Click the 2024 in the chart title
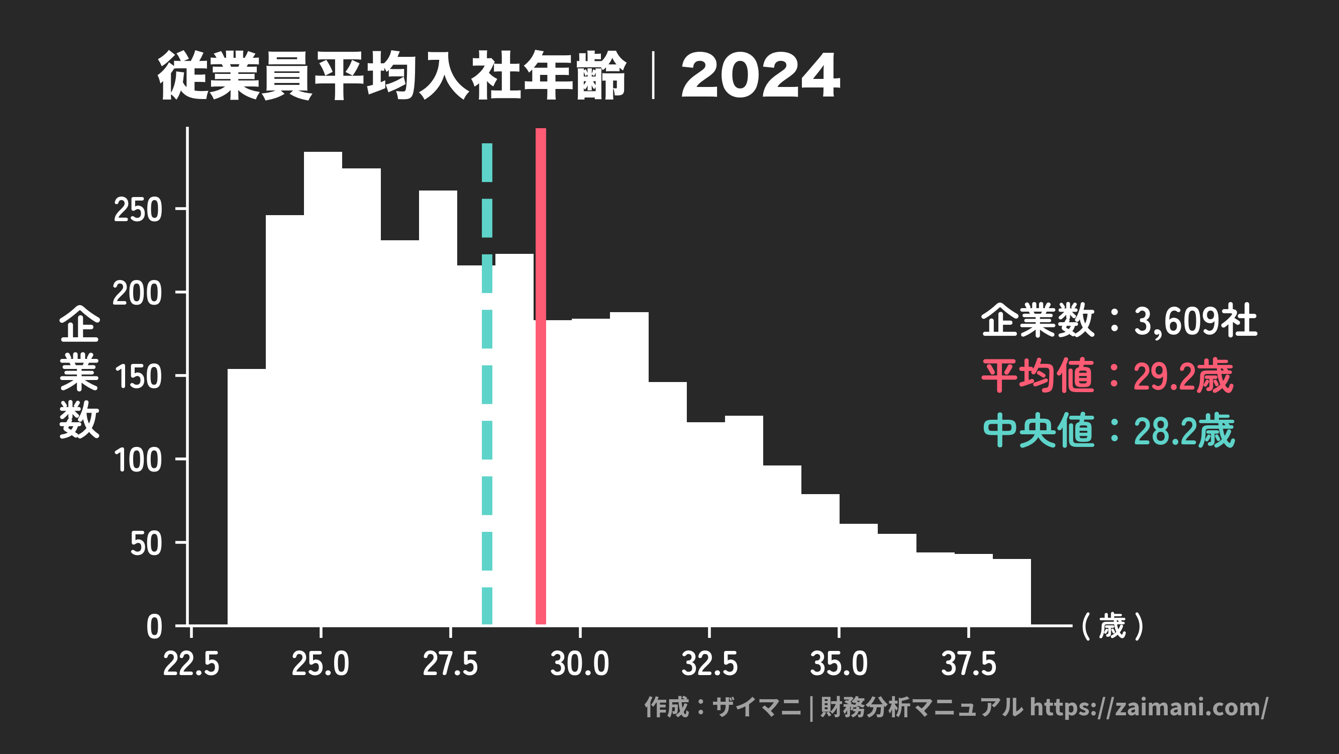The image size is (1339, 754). pyautogui.click(x=760, y=76)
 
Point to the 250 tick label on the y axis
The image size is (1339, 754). pyautogui.click(x=138, y=210)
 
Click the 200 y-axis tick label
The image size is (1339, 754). pyautogui.click(x=137, y=293)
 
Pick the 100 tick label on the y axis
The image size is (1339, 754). pyautogui.click(x=138, y=461)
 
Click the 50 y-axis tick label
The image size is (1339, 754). pyautogui.click(x=146, y=544)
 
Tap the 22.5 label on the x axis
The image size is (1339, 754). pyautogui.click(x=191, y=664)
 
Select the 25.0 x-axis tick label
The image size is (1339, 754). pyautogui.click(x=320, y=664)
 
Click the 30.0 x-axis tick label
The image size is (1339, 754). pyautogui.click(x=580, y=664)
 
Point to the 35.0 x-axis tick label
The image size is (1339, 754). pyautogui.click(x=839, y=664)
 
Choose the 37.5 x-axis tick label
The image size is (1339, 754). pyautogui.click(x=968, y=664)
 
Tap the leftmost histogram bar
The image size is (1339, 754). pyautogui.click(x=246, y=494)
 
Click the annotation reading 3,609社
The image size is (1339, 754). pyautogui.click(x=1195, y=321)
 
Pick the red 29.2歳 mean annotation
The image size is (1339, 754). pyautogui.click(x=1183, y=376)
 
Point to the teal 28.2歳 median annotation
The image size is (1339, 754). pyautogui.click(x=1184, y=431)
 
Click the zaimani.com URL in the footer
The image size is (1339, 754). pyautogui.click(x=1149, y=707)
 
